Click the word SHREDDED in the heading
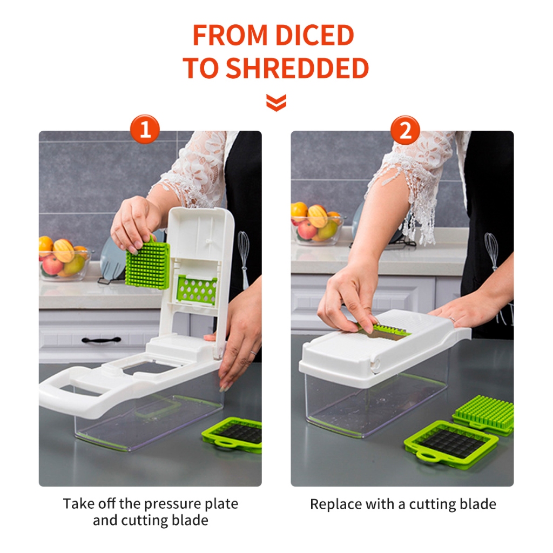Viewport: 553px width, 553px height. click(297, 68)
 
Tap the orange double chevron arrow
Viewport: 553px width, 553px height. click(276, 102)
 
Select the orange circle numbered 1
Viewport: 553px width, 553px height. click(145, 129)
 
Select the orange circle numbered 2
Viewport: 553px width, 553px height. click(405, 130)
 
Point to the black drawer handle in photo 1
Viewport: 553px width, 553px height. click(101, 340)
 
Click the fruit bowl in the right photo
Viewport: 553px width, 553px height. click(316, 224)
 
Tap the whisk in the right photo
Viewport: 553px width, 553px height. click(491, 248)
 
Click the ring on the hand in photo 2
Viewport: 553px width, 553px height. click(453, 320)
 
